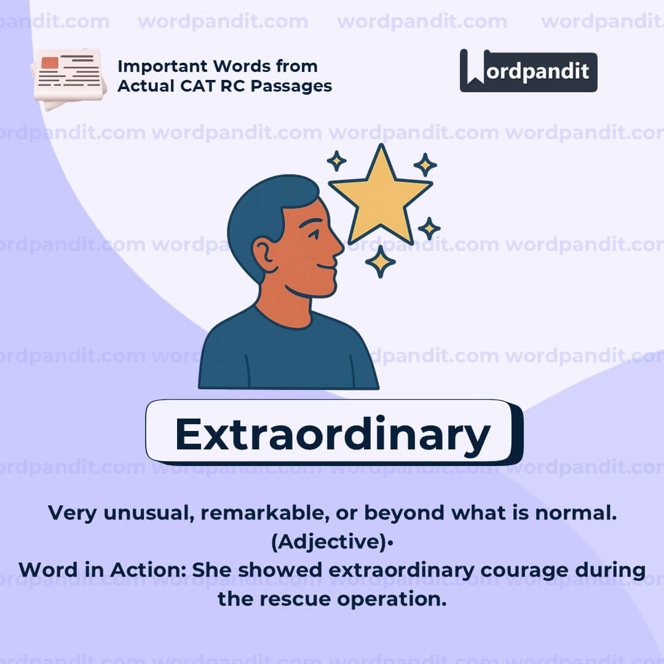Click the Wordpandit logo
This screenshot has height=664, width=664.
click(528, 71)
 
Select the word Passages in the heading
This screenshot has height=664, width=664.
click(293, 85)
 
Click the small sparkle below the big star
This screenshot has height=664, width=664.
click(380, 261)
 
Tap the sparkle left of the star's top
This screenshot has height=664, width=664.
click(336, 161)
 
